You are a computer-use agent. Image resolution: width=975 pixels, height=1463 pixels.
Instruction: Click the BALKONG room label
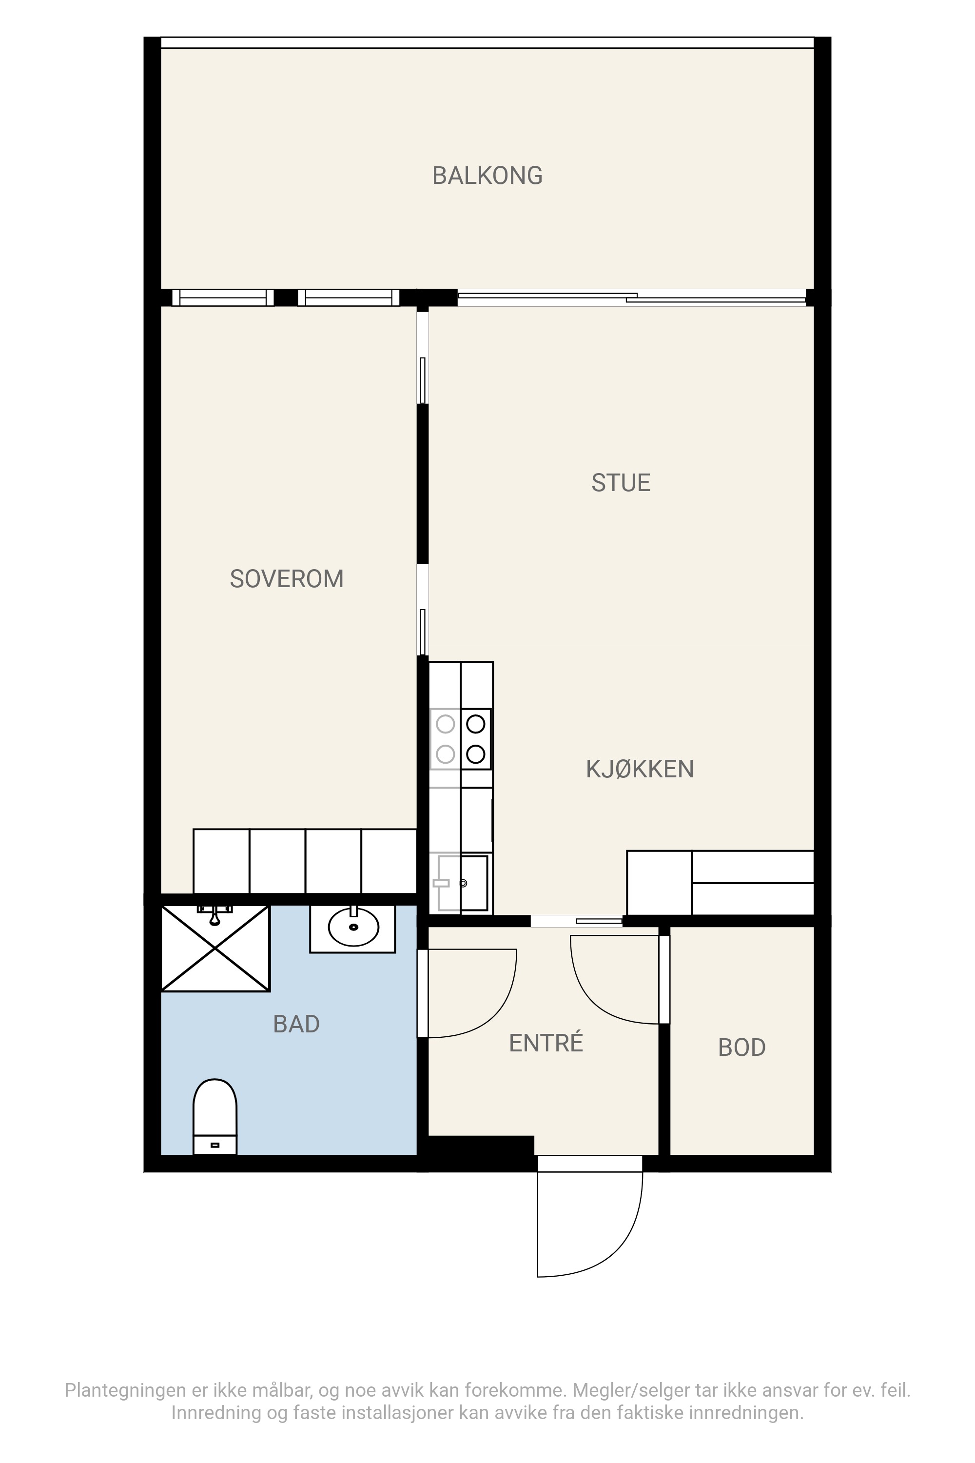[x=487, y=176]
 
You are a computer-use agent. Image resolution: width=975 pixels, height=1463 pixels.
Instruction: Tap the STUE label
[x=621, y=483]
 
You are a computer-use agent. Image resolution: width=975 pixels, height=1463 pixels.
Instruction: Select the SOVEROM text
[x=287, y=579]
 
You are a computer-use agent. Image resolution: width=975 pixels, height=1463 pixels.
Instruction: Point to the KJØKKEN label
[x=640, y=770]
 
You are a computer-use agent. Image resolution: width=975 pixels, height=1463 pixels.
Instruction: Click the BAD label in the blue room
[x=296, y=1024]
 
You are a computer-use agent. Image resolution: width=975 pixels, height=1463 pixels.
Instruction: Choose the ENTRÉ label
[x=546, y=1043]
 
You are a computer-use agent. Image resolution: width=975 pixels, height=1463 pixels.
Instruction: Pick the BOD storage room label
[x=742, y=1048]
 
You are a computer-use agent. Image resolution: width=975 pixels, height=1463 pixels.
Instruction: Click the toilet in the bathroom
[x=215, y=1117]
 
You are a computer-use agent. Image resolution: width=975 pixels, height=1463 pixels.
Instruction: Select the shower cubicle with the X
[x=215, y=948]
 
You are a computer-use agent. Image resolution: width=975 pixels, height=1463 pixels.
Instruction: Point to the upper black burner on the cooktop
[x=476, y=724]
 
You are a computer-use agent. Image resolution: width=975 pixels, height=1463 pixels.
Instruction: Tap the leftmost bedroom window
[x=223, y=298]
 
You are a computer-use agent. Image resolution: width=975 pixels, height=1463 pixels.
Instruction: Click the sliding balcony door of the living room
[x=632, y=297]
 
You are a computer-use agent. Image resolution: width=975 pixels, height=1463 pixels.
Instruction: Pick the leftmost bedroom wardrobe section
[x=221, y=862]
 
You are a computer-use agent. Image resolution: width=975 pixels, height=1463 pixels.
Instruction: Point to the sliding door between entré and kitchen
[x=576, y=921]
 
